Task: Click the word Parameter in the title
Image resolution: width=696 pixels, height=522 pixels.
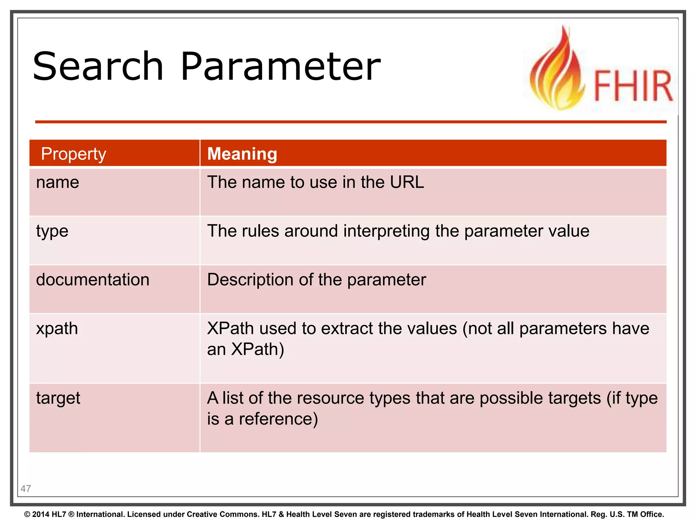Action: [x=280, y=66]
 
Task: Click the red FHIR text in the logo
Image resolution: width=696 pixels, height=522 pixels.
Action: [x=633, y=86]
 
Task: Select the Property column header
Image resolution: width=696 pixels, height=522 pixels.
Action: [x=73, y=154]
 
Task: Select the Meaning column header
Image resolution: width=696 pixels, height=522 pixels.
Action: [x=242, y=154]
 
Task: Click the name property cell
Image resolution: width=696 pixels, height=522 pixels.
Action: [x=58, y=182]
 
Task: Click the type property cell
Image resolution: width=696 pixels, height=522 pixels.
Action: [x=52, y=231]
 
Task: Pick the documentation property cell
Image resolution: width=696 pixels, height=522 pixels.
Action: [x=93, y=280]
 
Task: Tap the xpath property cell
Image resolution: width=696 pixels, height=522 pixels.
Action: [x=57, y=329]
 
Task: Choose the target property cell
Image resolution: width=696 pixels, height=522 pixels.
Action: [x=58, y=398]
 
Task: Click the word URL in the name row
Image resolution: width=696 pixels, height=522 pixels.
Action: [x=407, y=182]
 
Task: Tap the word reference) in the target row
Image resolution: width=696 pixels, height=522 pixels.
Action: [x=278, y=419]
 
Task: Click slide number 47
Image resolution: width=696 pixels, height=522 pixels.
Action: [x=26, y=489]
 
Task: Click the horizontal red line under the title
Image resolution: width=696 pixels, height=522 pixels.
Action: [x=350, y=122]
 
